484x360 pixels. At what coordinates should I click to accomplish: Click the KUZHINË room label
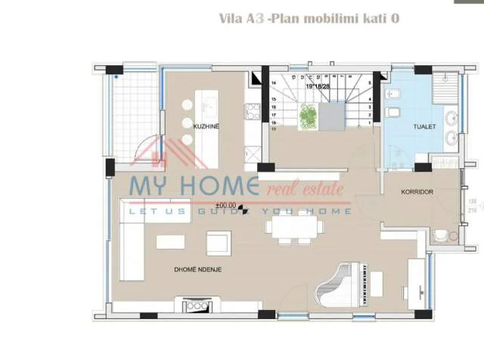pos(206,126)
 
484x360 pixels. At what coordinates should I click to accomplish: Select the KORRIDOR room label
pos(417,192)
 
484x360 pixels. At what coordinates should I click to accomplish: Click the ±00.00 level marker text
pos(225,205)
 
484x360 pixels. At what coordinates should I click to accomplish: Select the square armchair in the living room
pos(218,242)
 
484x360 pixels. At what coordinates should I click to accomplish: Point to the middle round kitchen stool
pos(187,126)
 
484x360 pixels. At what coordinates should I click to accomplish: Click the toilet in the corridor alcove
pos(441,234)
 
